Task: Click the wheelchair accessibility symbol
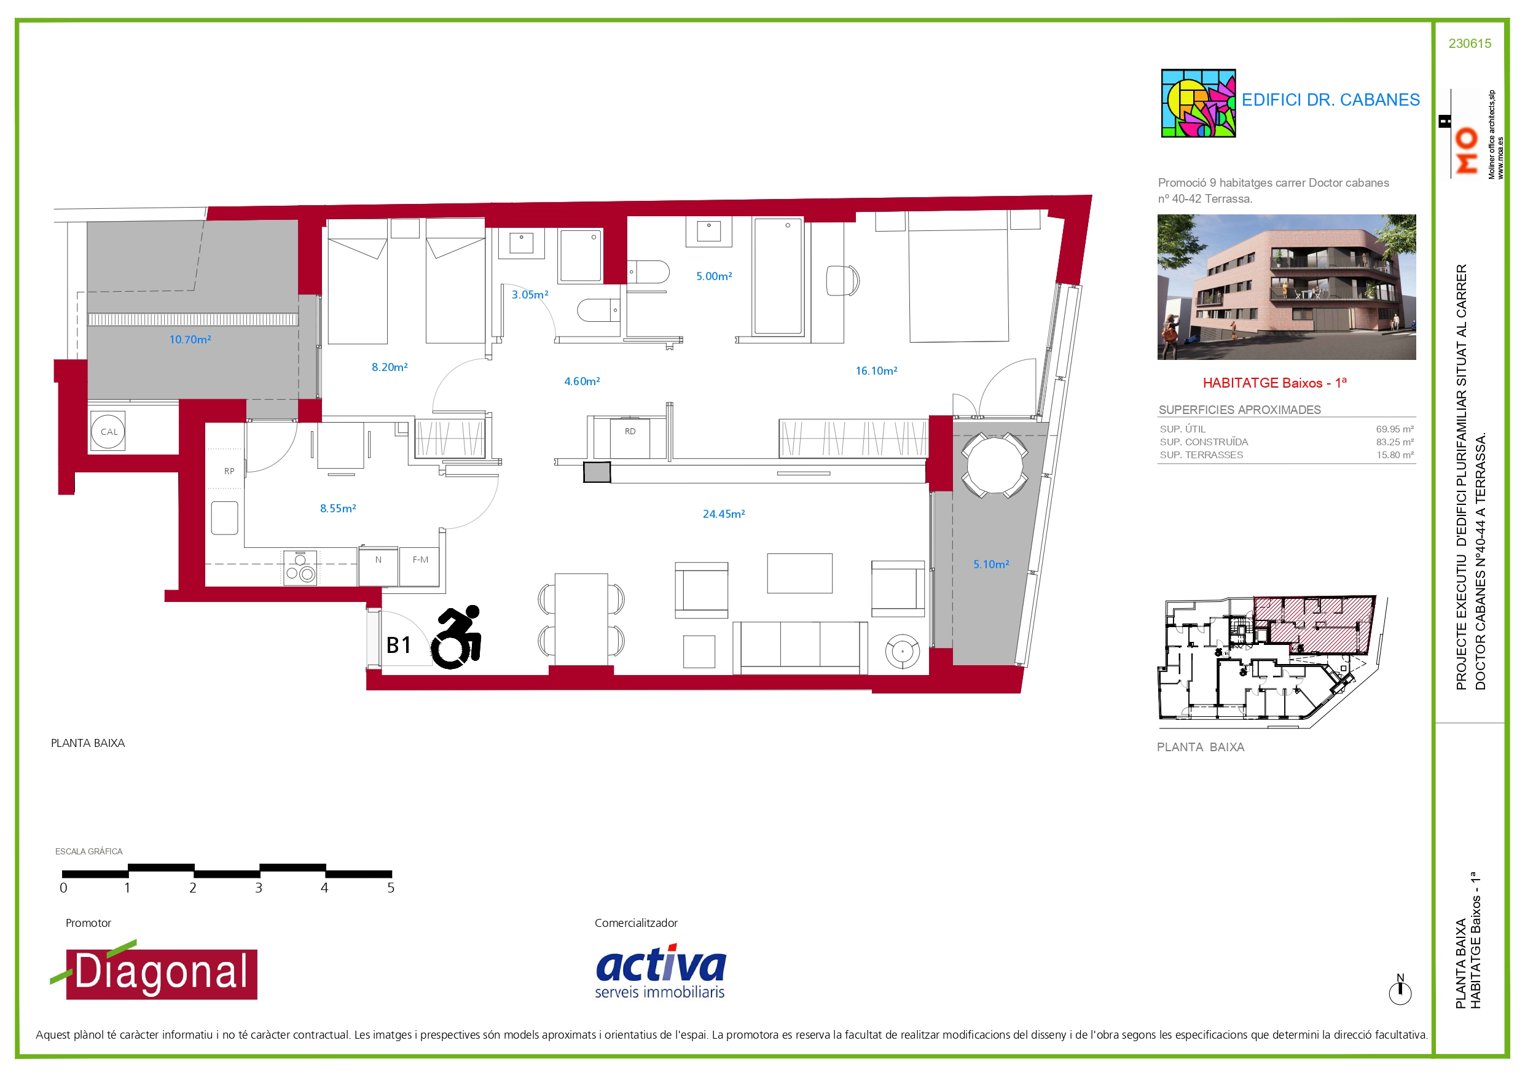(457, 637)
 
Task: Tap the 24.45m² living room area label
(723, 514)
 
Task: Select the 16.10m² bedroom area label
(876, 370)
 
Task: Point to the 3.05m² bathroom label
(530, 294)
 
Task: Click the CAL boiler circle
(108, 431)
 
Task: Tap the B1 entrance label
(399, 645)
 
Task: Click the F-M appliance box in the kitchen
(420, 566)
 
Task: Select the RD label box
(630, 438)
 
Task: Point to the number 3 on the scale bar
(259, 888)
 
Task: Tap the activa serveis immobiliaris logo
(661, 971)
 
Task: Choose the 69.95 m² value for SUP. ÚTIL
(1394, 429)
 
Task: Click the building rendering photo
(1287, 287)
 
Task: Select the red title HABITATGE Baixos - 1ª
(1274, 383)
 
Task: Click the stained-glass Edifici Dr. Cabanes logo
(1198, 103)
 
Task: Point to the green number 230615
(1470, 44)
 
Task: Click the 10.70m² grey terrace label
(190, 340)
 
